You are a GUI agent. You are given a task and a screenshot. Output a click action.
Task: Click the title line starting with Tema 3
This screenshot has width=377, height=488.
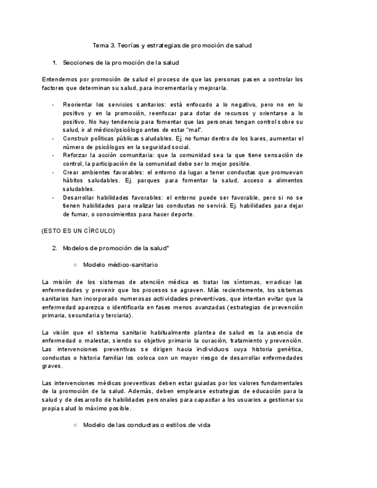[172, 45]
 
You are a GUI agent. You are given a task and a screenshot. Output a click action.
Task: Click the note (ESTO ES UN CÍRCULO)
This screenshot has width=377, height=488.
[78, 231]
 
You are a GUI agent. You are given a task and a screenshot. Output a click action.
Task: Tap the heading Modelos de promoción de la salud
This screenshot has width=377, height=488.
[115, 248]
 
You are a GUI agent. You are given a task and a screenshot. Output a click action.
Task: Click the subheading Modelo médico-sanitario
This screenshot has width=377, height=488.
[120, 265]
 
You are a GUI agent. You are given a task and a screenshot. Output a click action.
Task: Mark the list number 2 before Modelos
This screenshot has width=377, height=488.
[54, 248]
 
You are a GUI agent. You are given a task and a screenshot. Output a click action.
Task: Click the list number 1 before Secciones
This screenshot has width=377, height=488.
[54, 62]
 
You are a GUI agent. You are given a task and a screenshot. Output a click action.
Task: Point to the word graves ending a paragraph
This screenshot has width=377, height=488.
[52, 366]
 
